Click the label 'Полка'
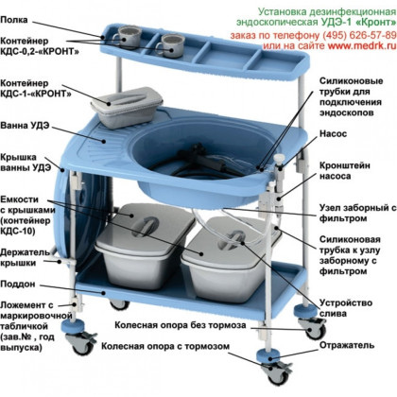coord(14,20)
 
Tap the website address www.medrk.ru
coord(362,45)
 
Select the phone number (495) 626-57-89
coord(359,35)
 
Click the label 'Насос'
coord(333,133)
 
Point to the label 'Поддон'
coord(18,285)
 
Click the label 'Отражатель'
coord(347,345)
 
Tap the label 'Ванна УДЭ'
coord(25,126)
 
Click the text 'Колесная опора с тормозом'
coord(165,346)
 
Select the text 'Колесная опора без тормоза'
coord(181,325)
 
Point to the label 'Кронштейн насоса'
coord(345,170)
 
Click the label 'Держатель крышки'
coord(25,257)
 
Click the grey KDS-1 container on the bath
coord(127,107)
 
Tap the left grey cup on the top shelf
coord(127,37)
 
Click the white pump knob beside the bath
coord(279,159)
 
